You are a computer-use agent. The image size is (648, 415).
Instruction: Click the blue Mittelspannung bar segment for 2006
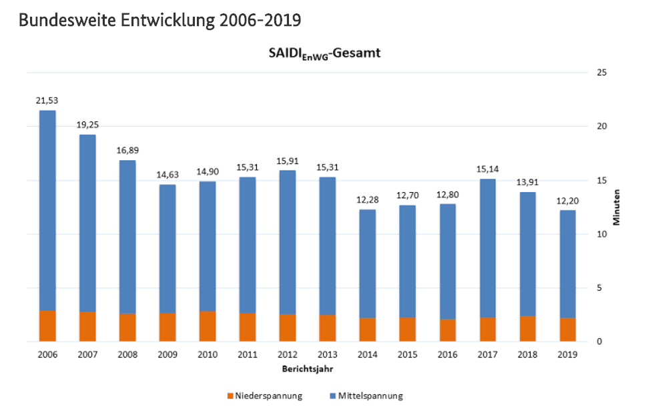tap(47, 210)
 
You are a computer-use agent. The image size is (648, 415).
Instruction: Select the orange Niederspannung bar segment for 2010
tap(208, 326)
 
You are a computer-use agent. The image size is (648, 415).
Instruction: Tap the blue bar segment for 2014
tap(368, 264)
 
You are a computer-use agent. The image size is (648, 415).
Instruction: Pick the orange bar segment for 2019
tap(568, 330)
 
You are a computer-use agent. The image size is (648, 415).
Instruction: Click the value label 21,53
tap(47, 100)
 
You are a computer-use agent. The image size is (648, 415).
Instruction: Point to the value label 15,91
tap(288, 161)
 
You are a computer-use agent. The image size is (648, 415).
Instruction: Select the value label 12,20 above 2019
tap(568, 201)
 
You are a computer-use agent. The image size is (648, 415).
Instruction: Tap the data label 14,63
tap(168, 175)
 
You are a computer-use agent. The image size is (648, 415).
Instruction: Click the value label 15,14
tap(488, 169)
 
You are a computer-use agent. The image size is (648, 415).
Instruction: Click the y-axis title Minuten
tap(617, 207)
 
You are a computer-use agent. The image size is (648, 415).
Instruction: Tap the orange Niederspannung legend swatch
tap(229, 396)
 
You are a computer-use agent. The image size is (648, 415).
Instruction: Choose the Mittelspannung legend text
tap(370, 396)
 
